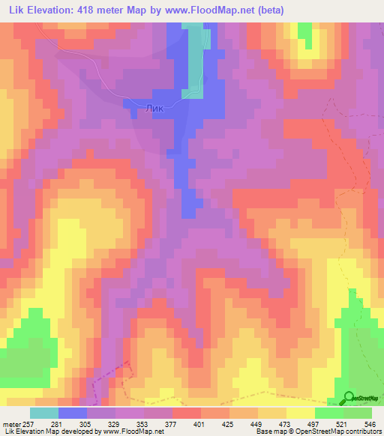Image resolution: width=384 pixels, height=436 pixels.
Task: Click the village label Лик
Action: pyautogui.click(x=154, y=109)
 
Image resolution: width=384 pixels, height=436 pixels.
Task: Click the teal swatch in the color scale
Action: pyautogui.click(x=43, y=413)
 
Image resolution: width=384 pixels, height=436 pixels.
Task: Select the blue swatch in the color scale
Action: pyautogui.click(x=73, y=413)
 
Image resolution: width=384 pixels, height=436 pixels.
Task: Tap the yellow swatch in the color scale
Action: pyautogui.click(x=300, y=413)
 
